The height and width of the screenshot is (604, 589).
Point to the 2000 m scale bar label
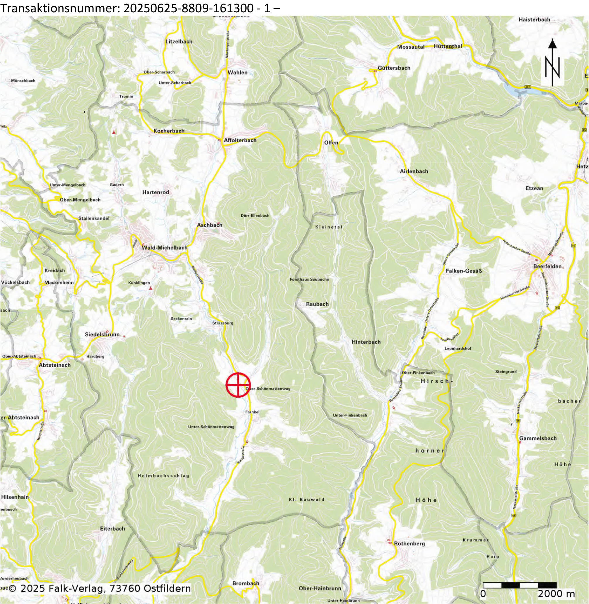556,594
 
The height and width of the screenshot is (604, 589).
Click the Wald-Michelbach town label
165,248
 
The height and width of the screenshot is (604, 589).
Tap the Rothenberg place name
409,543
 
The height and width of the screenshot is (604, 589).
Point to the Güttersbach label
394,68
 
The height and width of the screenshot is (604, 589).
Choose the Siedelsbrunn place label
102,334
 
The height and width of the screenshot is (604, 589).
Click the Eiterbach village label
112,528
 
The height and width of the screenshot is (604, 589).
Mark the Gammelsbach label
538,438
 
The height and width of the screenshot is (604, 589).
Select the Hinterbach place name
366,342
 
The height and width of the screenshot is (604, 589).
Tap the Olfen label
331,143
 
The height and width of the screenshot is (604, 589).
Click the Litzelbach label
179,42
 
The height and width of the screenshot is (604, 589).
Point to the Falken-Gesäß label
464,270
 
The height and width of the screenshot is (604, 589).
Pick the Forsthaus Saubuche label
309,279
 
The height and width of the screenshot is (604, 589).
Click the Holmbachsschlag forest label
163,476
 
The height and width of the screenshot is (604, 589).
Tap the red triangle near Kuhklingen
151,288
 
